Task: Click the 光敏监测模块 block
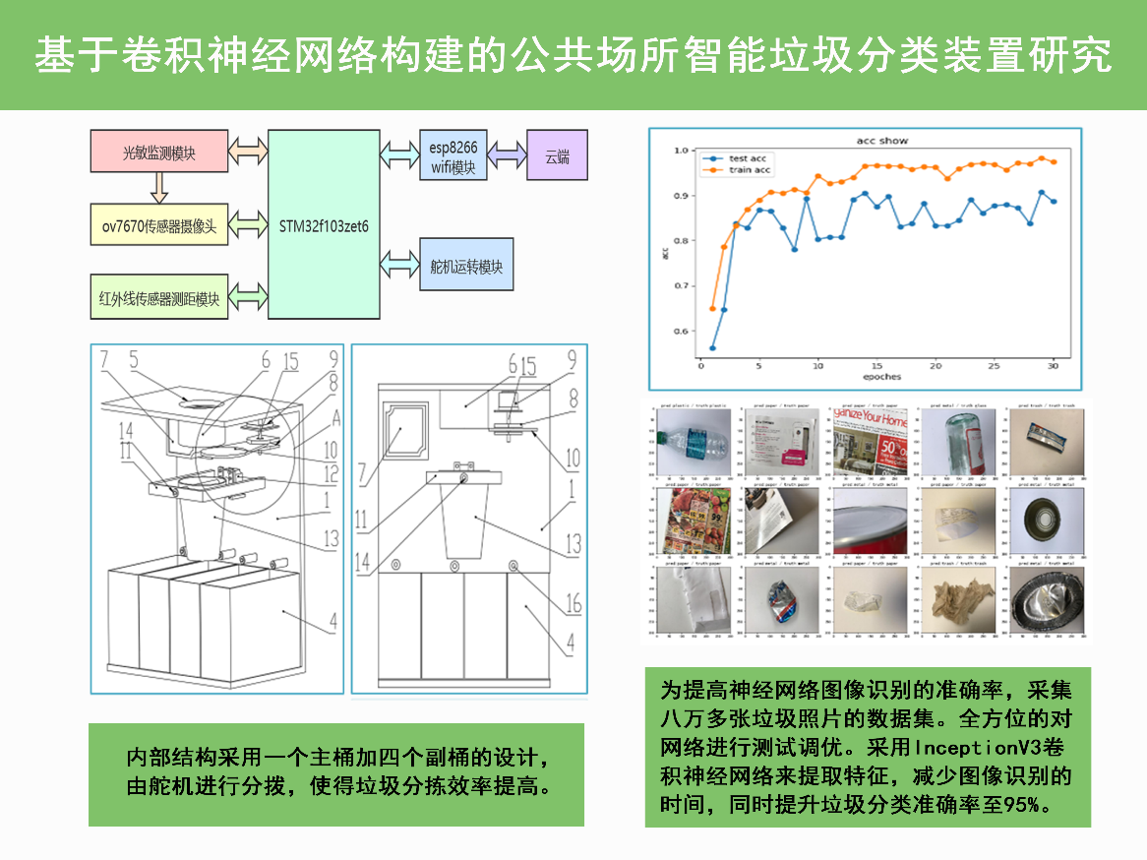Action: click(158, 153)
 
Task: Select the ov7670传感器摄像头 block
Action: click(158, 225)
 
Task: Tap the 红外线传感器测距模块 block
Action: click(158, 298)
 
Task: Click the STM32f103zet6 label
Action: click(324, 225)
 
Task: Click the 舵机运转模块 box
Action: click(466, 266)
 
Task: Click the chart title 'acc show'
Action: click(881, 141)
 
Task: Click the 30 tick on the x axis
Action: click(1054, 365)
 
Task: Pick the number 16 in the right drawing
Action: click(573, 603)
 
